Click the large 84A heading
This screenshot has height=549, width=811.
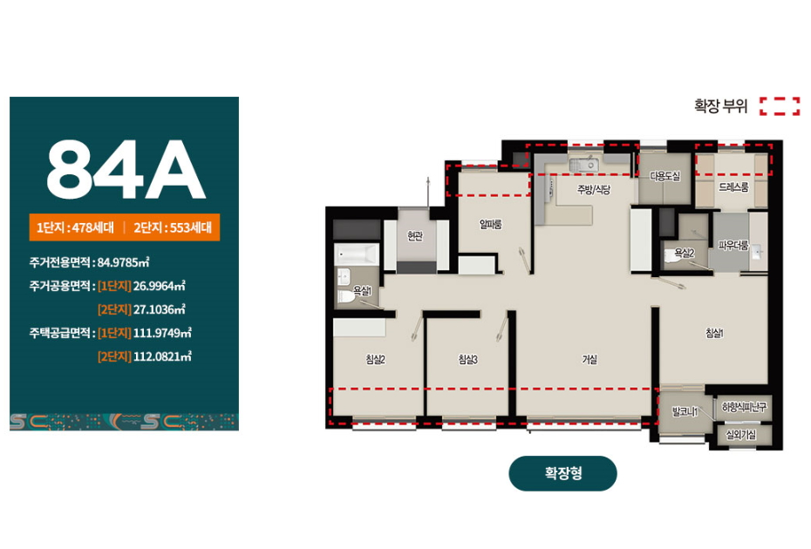[x=126, y=169]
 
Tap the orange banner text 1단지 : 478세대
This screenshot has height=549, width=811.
[x=76, y=227]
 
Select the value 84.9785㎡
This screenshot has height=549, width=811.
[x=124, y=262]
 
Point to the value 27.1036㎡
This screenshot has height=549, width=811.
[x=160, y=309]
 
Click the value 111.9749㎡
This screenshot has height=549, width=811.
[x=162, y=333]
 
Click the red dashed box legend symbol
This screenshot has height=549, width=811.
[x=780, y=106]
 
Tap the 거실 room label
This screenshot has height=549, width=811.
[x=590, y=359]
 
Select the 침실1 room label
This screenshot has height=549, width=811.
[x=714, y=334]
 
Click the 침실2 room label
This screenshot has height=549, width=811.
[x=376, y=359]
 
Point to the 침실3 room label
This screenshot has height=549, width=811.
[x=468, y=359]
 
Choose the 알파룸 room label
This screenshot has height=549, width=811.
[x=490, y=224]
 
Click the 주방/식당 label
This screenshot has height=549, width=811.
[x=594, y=190]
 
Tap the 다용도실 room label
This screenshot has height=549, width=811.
[x=665, y=176]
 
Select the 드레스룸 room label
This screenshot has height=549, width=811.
[x=733, y=187]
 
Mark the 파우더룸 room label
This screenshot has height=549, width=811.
[x=733, y=246]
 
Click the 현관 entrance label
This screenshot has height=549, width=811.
[x=415, y=236]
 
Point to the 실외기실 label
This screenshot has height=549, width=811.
[x=741, y=435]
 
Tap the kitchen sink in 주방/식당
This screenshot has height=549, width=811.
[x=584, y=165]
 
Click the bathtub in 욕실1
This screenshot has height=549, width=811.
[x=357, y=254]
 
